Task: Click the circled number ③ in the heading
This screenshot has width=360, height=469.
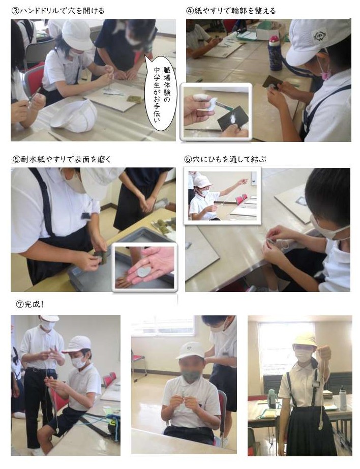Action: pos(15,11)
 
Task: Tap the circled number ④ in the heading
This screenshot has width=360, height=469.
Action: pos(190,11)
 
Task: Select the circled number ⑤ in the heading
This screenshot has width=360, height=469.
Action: pos(16,159)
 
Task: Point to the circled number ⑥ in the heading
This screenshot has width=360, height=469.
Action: pos(188,159)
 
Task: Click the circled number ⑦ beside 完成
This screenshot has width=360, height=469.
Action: pos(20,305)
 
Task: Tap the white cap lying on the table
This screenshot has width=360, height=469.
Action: pos(74,115)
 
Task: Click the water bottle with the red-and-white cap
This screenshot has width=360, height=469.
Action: pos(275,53)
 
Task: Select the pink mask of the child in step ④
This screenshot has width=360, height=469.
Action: pos(325,71)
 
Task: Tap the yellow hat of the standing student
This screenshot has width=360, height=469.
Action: pos(305,340)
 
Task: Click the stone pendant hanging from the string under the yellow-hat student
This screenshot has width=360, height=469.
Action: pos(320,426)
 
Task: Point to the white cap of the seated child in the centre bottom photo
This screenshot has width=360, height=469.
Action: pos(191,350)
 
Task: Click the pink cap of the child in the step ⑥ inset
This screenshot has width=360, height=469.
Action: pos(202,181)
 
